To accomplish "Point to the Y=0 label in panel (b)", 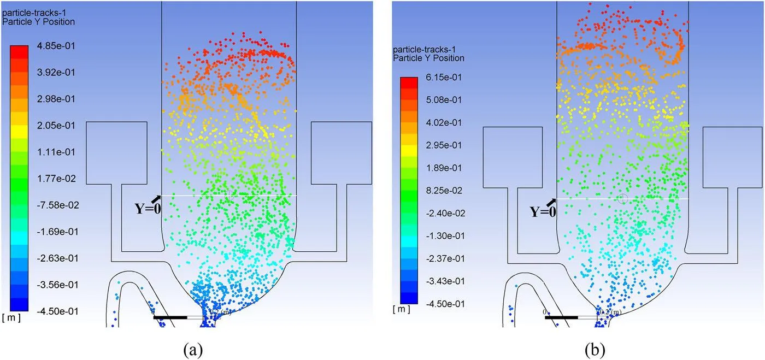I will tap(543, 211).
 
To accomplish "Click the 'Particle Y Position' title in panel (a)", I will tap(39, 22).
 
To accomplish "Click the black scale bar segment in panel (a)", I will tap(170, 317).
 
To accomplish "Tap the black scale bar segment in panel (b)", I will tap(561, 317).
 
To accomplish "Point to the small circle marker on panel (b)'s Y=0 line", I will tap(622, 198).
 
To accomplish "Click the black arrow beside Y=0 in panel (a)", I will tap(156, 199).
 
